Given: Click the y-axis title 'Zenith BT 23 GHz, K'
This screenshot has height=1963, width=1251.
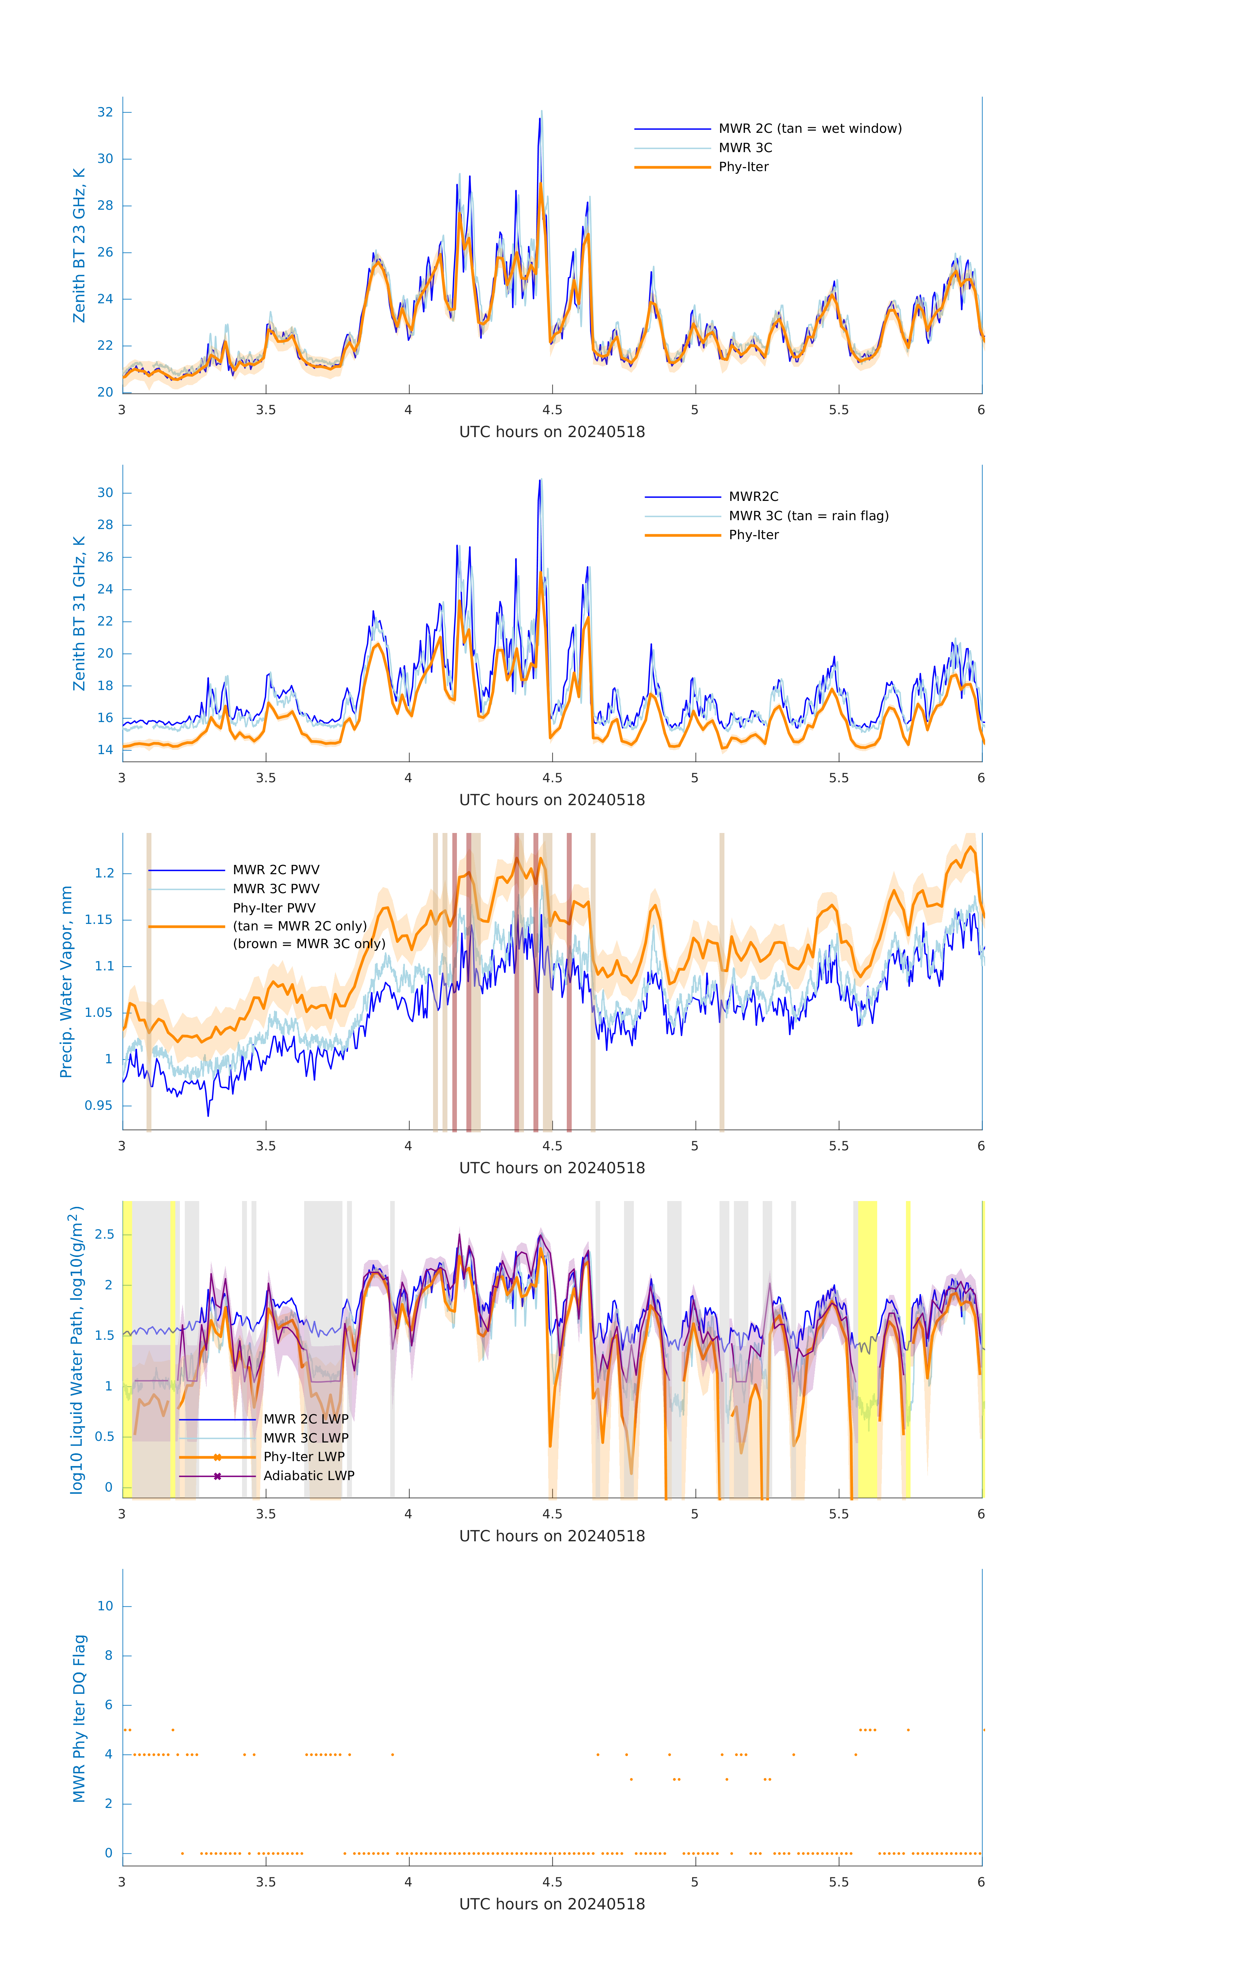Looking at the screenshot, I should [79, 245].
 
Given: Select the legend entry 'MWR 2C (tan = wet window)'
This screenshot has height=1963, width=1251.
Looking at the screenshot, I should [809, 129].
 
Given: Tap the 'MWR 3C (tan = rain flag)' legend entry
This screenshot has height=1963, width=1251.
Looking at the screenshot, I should [808, 516].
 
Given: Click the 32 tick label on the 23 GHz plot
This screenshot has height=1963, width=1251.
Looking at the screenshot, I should [105, 113].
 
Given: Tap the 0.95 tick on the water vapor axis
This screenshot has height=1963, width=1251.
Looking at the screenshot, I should [99, 1106].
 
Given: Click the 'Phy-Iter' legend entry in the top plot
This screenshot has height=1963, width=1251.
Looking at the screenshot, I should [743, 167].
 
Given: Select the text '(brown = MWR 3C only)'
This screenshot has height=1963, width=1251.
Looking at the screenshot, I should [309, 944].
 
